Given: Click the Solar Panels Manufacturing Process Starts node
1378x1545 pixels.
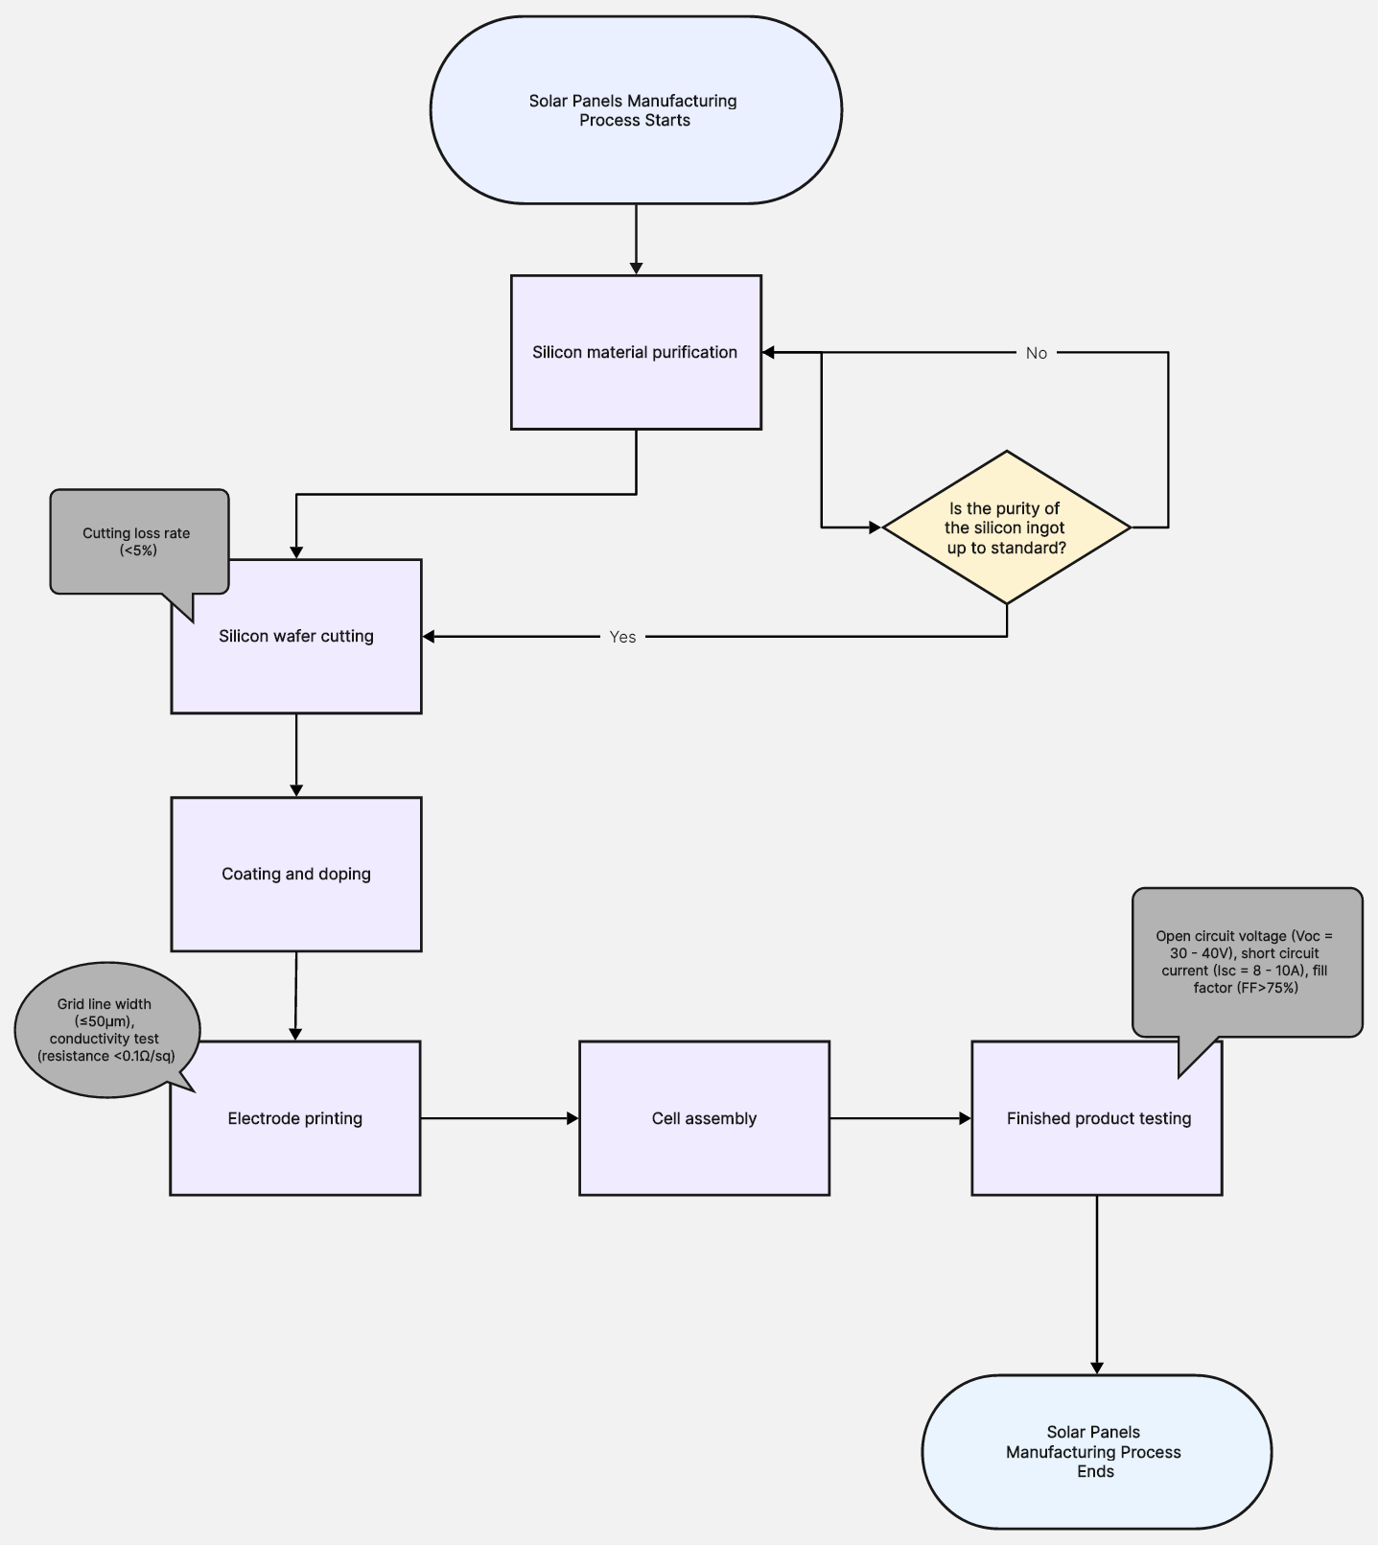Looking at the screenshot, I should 636,109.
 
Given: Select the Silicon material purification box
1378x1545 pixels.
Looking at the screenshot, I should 636,352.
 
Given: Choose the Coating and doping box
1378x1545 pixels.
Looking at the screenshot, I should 296,874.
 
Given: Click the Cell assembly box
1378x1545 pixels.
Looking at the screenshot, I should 704,1118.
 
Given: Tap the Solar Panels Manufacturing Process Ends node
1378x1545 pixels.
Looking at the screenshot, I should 1096,1451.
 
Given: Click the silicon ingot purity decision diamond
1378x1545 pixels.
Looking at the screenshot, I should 1006,527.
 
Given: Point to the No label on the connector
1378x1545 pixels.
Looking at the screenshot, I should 1037,353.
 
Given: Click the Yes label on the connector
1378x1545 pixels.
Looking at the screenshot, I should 622,637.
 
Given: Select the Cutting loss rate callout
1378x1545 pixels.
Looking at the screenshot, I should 139,541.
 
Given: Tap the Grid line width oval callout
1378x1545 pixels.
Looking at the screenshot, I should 106,1029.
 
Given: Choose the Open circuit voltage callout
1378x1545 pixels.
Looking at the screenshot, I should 1247,961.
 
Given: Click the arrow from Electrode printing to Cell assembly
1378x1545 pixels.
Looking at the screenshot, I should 499,1118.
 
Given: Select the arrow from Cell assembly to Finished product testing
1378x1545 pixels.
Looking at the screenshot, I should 899,1118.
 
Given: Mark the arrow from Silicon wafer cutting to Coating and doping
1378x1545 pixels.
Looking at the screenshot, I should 296,755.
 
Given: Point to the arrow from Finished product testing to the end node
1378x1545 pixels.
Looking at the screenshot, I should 1097,1285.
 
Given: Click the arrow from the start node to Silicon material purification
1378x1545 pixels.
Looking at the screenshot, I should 636,239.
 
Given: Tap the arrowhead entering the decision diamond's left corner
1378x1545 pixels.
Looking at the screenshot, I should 874,527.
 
